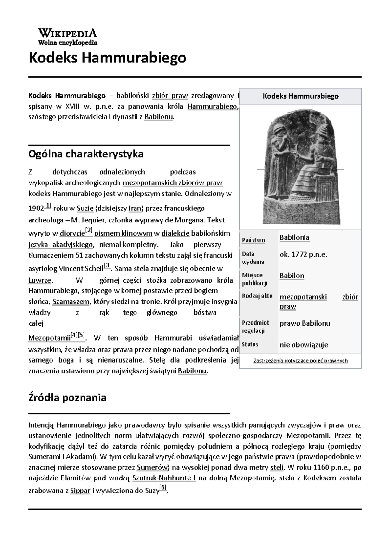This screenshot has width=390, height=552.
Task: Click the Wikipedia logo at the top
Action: click(68, 36)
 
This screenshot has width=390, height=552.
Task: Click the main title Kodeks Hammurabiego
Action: click(107, 58)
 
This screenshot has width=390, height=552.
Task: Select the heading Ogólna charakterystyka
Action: click(86, 154)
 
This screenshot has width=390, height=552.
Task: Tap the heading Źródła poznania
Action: click(67, 397)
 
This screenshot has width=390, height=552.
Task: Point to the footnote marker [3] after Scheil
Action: click(107, 265)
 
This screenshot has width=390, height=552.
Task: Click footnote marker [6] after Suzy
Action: click(163, 488)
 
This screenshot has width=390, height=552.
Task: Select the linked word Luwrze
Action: click(40, 281)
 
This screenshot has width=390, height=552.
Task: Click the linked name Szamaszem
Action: click(71, 302)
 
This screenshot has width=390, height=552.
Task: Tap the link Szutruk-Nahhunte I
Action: click(164, 478)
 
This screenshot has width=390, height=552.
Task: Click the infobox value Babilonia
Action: click(294, 237)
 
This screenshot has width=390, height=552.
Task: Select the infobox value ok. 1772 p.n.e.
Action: click(303, 254)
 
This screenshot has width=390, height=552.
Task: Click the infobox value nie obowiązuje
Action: click(304, 345)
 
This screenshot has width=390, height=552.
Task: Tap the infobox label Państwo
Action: click(253, 240)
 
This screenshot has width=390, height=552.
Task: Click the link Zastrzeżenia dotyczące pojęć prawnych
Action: click(300, 360)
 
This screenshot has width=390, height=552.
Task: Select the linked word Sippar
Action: click(80, 491)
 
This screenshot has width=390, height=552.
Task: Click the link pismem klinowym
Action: click(123, 233)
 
